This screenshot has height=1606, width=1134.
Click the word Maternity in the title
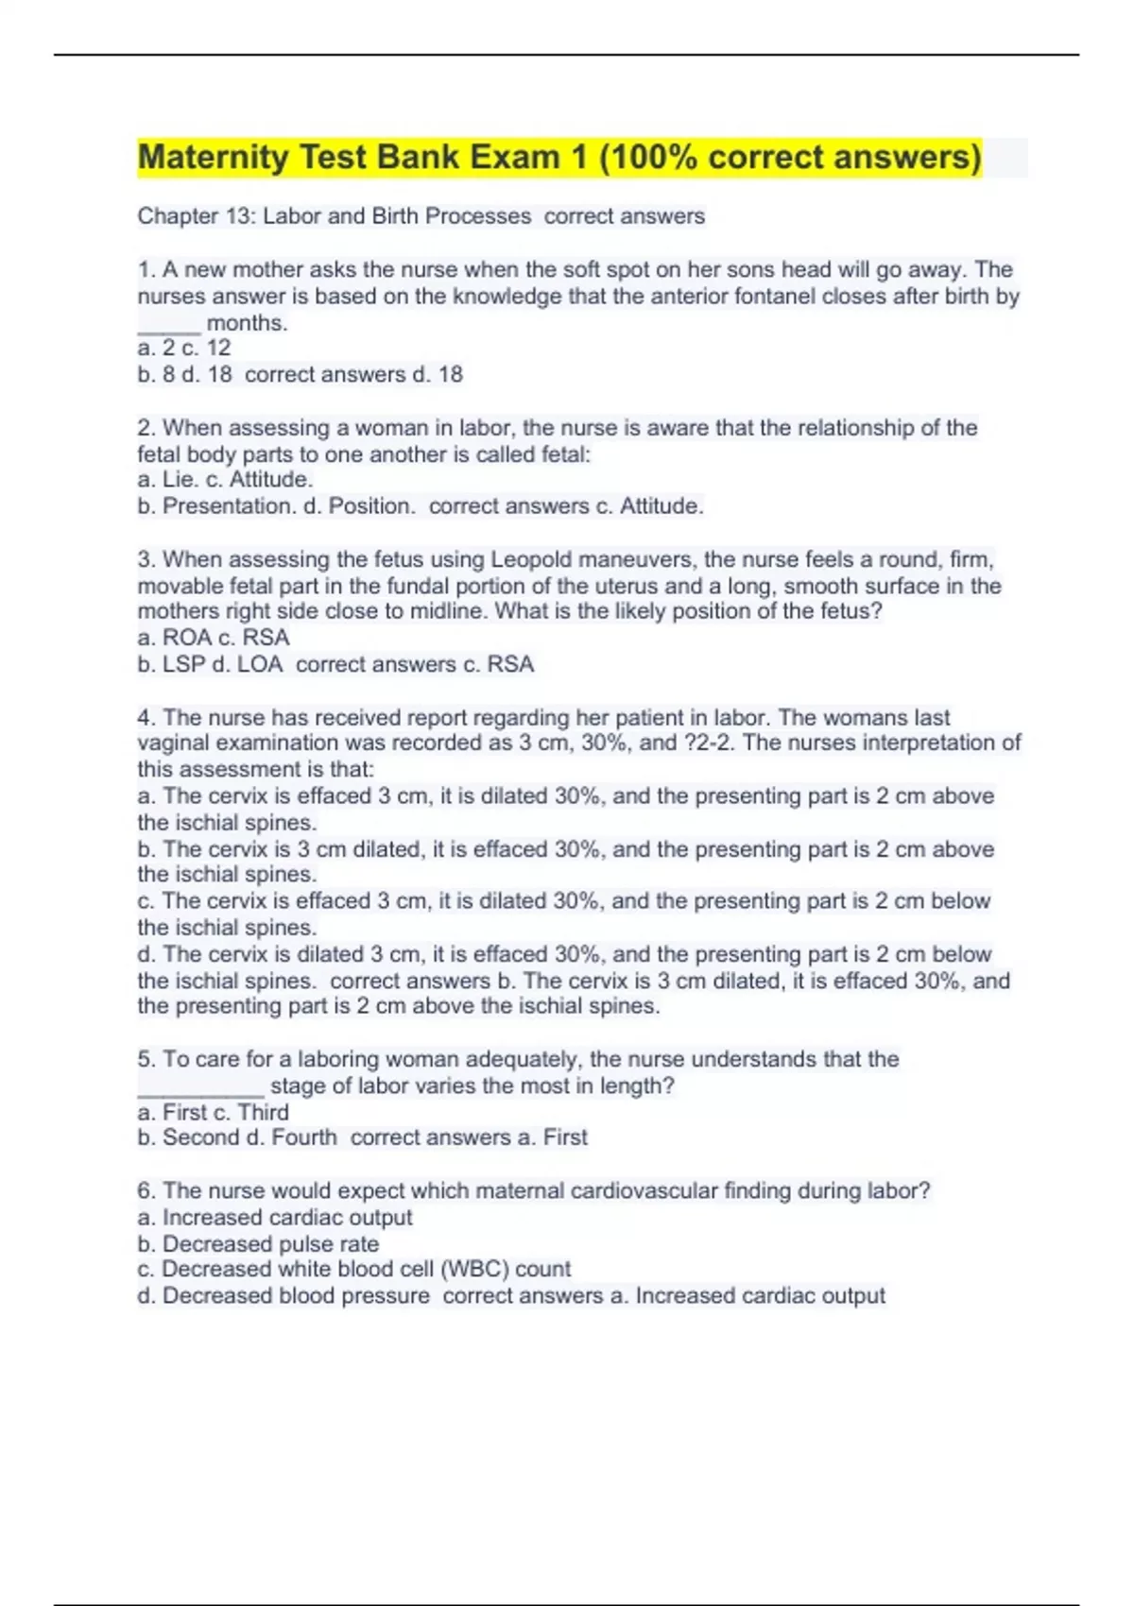pos(214,157)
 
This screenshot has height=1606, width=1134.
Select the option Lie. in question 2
pos(180,480)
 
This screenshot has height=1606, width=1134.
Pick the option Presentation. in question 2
pos(228,506)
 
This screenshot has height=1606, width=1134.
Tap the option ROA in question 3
pos(187,638)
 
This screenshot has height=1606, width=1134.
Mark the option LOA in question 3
pos(259,664)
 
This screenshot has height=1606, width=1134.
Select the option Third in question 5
pos(263,1112)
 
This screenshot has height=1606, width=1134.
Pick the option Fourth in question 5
pos(303,1137)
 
